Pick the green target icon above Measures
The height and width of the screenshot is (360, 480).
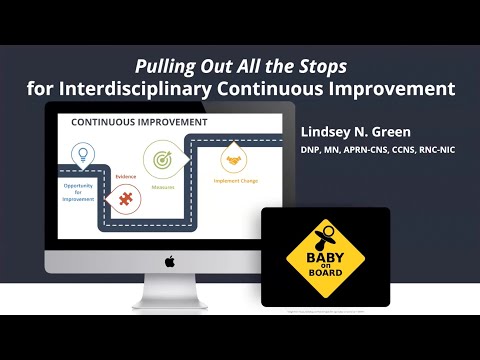pos(161,157)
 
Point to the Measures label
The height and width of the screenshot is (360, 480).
pos(162,185)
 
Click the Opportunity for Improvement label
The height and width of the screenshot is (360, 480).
pos(79,192)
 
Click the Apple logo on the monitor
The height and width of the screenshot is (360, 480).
pos(170,261)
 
